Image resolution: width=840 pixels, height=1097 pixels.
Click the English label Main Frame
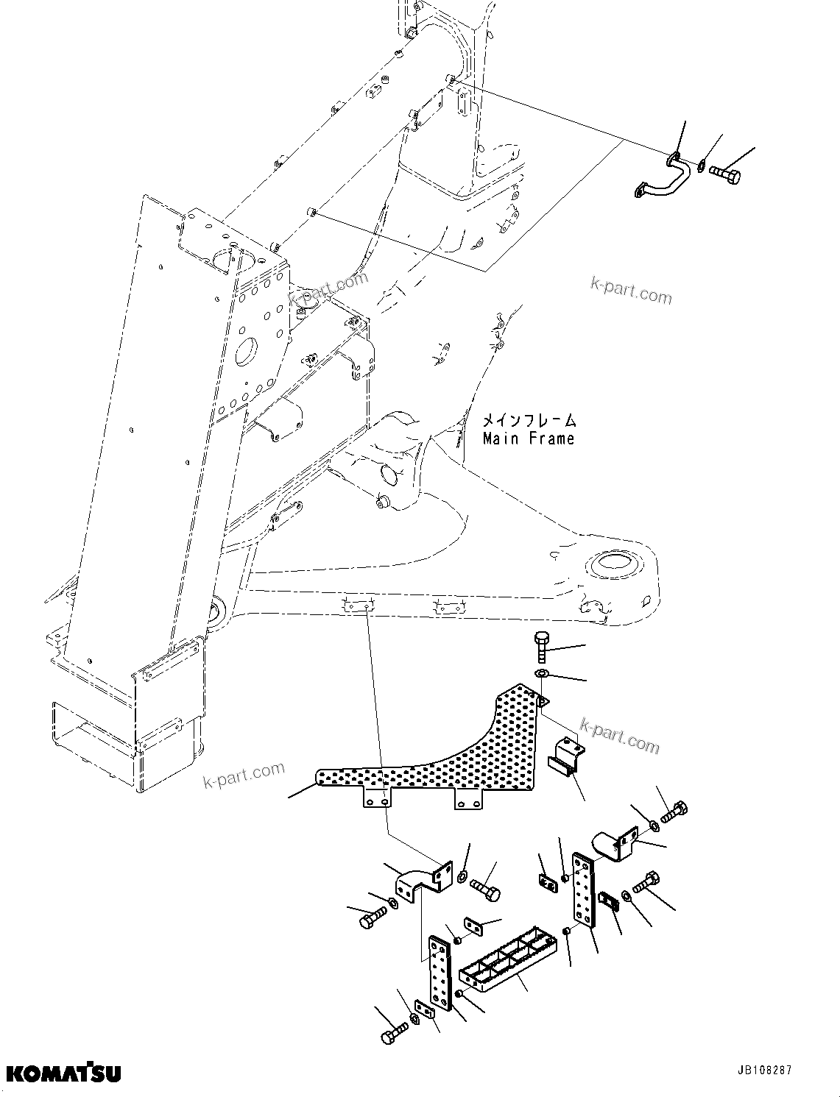[x=528, y=439]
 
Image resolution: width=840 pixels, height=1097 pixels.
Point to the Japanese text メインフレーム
[x=529, y=421]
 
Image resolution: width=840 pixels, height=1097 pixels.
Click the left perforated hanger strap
[x=440, y=974]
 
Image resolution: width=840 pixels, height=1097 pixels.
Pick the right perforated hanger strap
[x=583, y=891]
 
